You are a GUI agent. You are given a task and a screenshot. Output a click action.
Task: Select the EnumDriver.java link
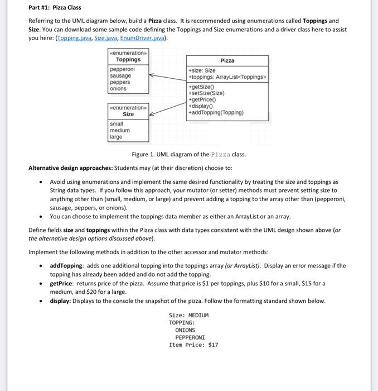click(x=143, y=38)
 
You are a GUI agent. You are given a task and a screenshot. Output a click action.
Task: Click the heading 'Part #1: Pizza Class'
click(x=55, y=7)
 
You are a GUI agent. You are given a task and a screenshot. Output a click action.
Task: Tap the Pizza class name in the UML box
click(x=227, y=60)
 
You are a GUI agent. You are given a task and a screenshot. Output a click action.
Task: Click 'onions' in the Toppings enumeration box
click(x=118, y=88)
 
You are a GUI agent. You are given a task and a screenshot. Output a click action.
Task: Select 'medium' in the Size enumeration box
click(x=119, y=130)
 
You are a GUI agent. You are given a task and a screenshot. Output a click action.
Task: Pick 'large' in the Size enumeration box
click(x=116, y=137)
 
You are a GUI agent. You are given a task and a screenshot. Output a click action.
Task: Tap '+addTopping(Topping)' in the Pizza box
click(x=216, y=112)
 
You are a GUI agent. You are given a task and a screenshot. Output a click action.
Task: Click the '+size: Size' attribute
click(x=202, y=70)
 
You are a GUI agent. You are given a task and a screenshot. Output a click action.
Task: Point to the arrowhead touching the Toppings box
click(x=152, y=79)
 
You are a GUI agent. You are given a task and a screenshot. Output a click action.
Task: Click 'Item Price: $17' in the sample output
click(x=193, y=345)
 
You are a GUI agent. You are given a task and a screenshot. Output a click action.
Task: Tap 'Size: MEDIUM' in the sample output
click(x=188, y=315)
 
